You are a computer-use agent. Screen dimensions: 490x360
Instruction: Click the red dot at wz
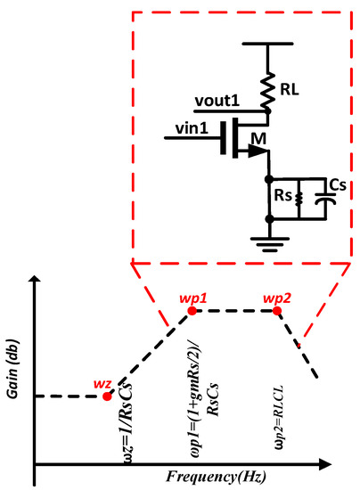[x=107, y=396]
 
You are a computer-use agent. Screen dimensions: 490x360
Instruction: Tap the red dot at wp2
[x=276, y=310]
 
